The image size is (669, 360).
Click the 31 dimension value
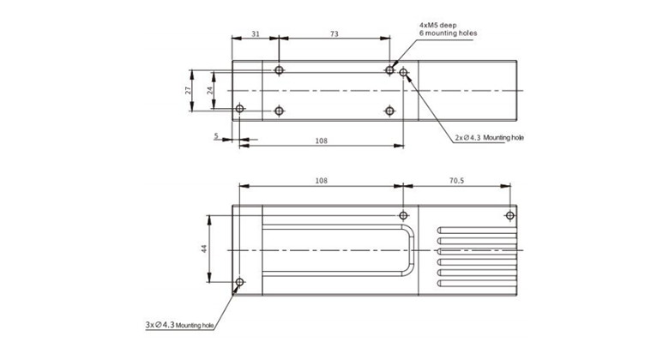tap(256, 33)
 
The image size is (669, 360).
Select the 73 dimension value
tap(334, 33)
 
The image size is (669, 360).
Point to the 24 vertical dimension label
tap(209, 88)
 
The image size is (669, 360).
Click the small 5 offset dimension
tap(216, 135)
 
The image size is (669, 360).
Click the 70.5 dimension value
tap(456, 181)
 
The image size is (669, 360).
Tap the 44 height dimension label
tap(204, 249)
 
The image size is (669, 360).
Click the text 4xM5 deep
tap(437, 25)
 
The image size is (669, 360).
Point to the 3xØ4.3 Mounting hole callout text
tap(179, 326)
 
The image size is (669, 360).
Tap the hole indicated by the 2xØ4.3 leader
tap(404, 74)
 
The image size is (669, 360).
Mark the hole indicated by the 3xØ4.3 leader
tap(239, 283)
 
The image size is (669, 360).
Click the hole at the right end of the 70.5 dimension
tap(509, 215)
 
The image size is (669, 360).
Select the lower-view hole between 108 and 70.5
tap(404, 215)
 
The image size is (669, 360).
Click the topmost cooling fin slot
tap(476, 231)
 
